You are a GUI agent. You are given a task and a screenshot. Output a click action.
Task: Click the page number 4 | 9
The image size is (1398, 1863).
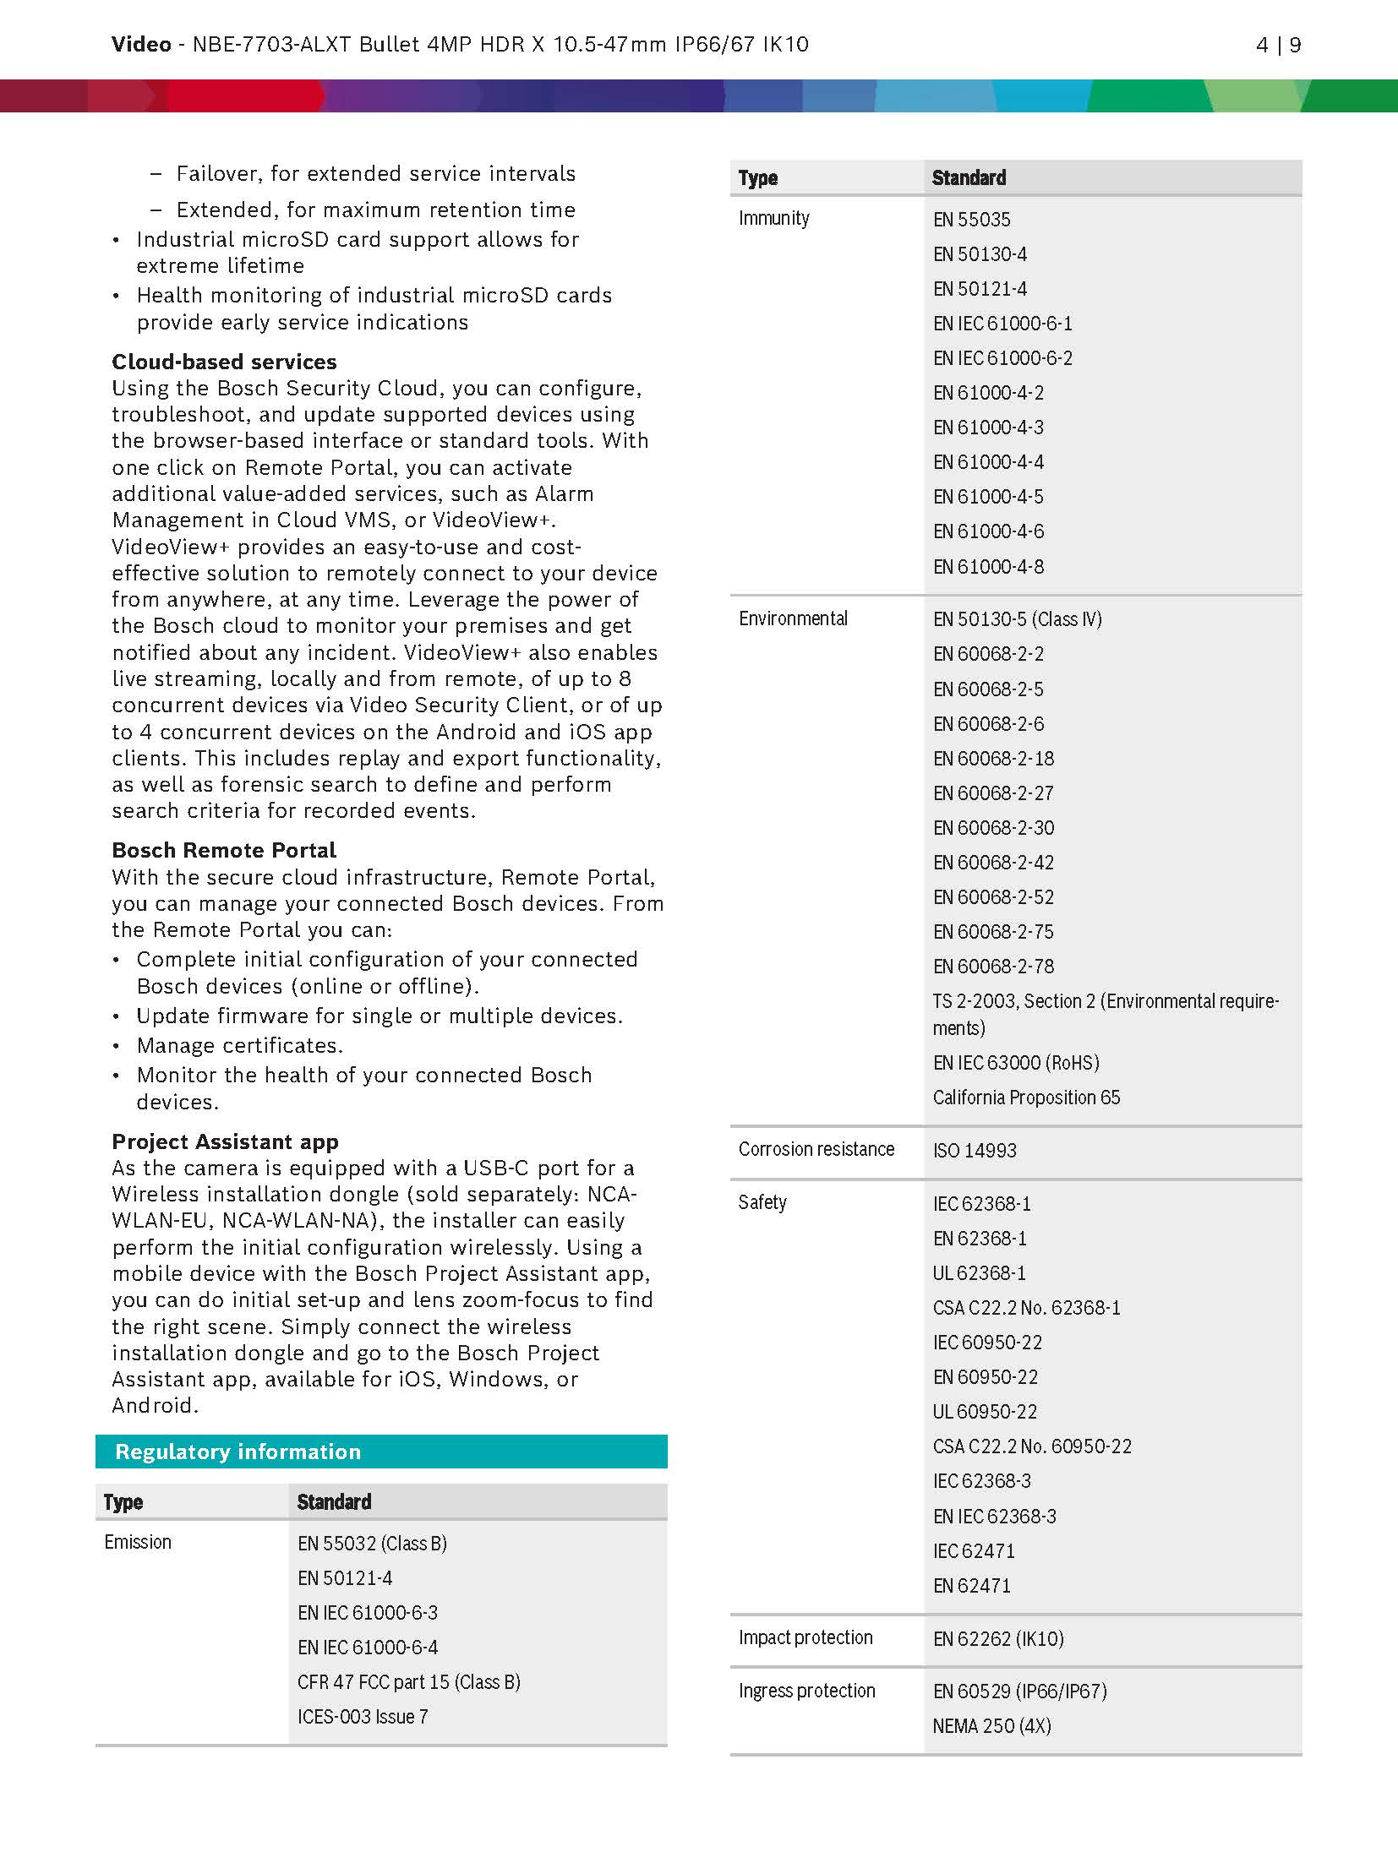coord(1277,45)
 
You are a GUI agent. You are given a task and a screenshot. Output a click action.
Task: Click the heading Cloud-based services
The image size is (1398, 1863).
coord(224,362)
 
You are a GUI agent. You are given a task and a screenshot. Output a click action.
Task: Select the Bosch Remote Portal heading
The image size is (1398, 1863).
coord(224,850)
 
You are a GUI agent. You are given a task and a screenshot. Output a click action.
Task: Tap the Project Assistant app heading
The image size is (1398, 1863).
coord(225,1141)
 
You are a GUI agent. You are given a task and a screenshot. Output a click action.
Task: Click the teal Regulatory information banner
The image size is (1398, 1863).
coord(381,1452)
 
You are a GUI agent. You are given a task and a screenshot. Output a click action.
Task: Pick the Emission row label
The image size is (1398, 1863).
coord(138,1542)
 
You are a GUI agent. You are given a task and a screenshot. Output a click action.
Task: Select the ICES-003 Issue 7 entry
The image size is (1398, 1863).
coord(363,1717)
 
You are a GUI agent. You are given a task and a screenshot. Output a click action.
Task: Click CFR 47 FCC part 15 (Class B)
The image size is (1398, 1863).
coord(408,1682)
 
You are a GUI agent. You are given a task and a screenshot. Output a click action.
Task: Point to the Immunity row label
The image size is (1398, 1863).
coord(773,218)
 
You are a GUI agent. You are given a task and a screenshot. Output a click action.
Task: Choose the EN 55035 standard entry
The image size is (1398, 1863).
coord(971,220)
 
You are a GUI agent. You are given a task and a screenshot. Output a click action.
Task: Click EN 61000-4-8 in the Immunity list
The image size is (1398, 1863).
coord(988,566)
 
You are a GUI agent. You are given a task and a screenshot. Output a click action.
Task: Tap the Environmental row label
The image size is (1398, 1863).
coord(793,618)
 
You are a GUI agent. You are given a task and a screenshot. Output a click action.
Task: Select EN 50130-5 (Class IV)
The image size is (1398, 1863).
coord(1017,619)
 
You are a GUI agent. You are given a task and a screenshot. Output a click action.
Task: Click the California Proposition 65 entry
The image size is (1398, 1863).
coord(1026,1098)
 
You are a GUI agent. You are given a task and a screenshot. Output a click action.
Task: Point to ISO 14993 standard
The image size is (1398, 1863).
coord(975,1151)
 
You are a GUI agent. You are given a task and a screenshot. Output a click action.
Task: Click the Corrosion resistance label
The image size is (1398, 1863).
coord(816,1149)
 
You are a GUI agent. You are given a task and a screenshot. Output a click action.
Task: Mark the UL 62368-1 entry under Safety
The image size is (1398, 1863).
coord(979,1273)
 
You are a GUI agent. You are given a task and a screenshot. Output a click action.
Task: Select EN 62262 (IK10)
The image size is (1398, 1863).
coord(997,1639)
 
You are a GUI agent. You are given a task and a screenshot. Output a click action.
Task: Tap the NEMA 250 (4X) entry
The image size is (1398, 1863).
coord(991,1726)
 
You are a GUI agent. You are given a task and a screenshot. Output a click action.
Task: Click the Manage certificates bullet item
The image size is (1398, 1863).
coord(239,1046)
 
